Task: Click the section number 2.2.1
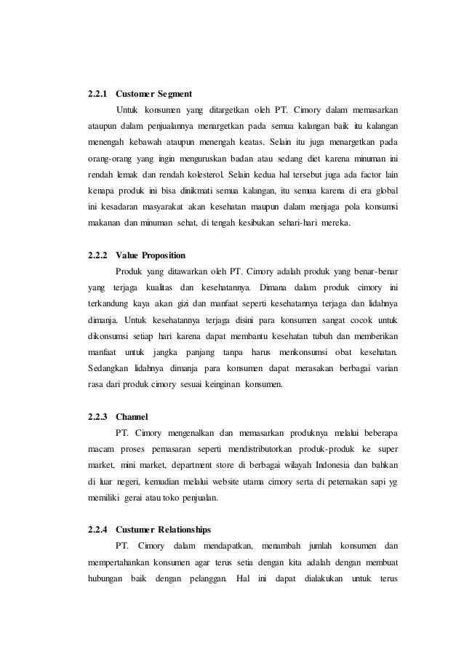pyautogui.click(x=97, y=94)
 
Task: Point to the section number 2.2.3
pyautogui.click(x=97, y=417)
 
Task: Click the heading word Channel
pyautogui.click(x=132, y=417)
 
